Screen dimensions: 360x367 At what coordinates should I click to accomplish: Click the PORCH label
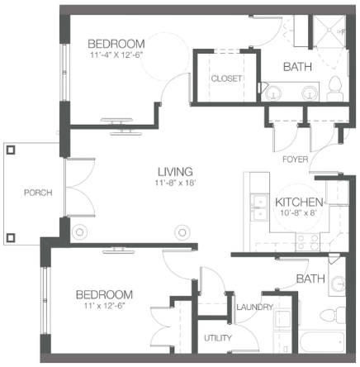tap(38, 193)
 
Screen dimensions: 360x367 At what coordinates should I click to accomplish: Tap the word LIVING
tap(175, 172)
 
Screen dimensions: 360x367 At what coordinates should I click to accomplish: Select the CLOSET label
tap(226, 79)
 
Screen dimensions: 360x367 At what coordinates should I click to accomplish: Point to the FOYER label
tap(295, 160)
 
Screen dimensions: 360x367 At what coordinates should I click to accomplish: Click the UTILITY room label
tap(218, 338)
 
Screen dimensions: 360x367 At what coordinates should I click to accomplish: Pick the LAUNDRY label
tap(255, 307)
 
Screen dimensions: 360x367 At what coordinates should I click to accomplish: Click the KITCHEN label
tap(299, 203)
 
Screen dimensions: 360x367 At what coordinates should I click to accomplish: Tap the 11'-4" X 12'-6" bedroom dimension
tap(116, 55)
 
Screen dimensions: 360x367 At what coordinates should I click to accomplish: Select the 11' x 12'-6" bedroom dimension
tap(104, 306)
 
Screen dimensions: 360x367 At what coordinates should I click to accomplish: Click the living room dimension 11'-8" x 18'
tap(175, 183)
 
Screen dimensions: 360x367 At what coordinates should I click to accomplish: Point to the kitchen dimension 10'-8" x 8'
tap(297, 212)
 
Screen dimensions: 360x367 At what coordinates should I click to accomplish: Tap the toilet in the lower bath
tap(333, 316)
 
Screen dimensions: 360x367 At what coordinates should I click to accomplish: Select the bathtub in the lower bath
tap(322, 341)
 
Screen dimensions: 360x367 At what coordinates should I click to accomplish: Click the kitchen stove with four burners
tap(308, 242)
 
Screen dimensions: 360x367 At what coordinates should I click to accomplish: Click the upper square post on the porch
tap(11, 150)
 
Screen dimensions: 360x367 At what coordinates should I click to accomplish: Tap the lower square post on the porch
tap(11, 237)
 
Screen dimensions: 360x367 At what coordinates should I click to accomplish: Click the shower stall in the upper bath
tap(329, 31)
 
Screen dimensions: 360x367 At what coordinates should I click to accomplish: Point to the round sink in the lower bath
tap(338, 284)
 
